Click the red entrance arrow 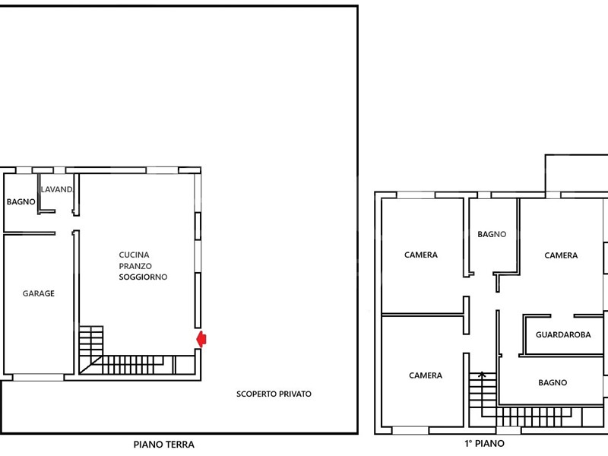coord(201,339)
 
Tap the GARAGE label coord(39,293)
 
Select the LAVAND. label coord(57,189)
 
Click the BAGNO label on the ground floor coord(21,201)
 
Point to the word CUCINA coord(135,255)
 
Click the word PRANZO coord(135,266)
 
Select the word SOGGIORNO coord(143,277)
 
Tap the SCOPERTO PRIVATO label coord(274,394)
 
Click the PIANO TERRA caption coord(164,445)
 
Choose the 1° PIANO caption coord(485,443)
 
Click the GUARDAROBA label coord(563,334)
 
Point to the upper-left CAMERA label coord(421,255)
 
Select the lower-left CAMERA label coord(426,375)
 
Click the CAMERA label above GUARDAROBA coord(561,255)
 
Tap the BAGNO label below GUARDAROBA coord(553,383)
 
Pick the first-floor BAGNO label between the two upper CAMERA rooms coord(492,234)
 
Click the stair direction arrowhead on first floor coord(482,374)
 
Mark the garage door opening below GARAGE coord(38,377)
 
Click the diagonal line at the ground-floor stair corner coord(91,365)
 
